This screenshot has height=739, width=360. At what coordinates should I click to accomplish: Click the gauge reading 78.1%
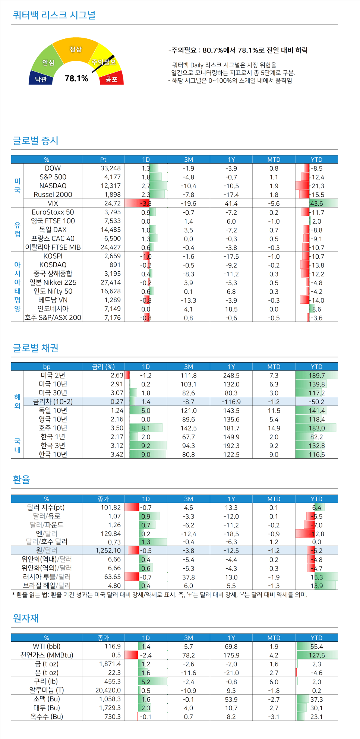pos(76,78)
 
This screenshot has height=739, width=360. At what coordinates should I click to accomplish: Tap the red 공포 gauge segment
pos(111,79)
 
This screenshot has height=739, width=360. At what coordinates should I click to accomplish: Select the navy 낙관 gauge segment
pos(41,79)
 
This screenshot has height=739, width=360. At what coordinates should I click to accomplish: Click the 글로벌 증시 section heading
pos(36,140)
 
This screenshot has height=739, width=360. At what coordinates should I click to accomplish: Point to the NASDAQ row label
pos(53,186)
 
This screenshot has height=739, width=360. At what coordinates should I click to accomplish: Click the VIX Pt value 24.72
pos(112,203)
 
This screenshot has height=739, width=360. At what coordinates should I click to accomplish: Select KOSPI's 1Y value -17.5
pos(231,256)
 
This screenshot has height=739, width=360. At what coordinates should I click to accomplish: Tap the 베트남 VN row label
pos(53,300)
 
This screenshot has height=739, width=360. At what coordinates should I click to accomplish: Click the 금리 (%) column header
pos(103,367)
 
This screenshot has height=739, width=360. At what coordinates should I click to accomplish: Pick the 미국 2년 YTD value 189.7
pos(316,375)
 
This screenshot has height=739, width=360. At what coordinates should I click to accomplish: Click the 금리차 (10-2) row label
pos(53,401)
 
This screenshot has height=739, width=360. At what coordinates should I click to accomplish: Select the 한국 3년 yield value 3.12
pos(117,445)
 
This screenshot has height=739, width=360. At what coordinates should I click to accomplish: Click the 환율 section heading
pos(21,479)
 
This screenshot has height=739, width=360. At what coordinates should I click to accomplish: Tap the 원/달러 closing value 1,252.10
pos(108,550)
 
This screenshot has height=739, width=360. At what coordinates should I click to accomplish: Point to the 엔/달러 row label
pos(47,533)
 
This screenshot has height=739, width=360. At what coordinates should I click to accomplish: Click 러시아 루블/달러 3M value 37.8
pos(189,577)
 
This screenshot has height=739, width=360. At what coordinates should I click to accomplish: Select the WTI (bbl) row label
pos(47,646)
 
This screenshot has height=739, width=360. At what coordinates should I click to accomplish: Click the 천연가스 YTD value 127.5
pos(316,655)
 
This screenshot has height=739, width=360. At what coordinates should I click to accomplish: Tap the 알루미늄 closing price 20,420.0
pos(108,690)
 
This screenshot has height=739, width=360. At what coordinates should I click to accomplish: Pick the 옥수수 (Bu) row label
pos(47,716)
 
